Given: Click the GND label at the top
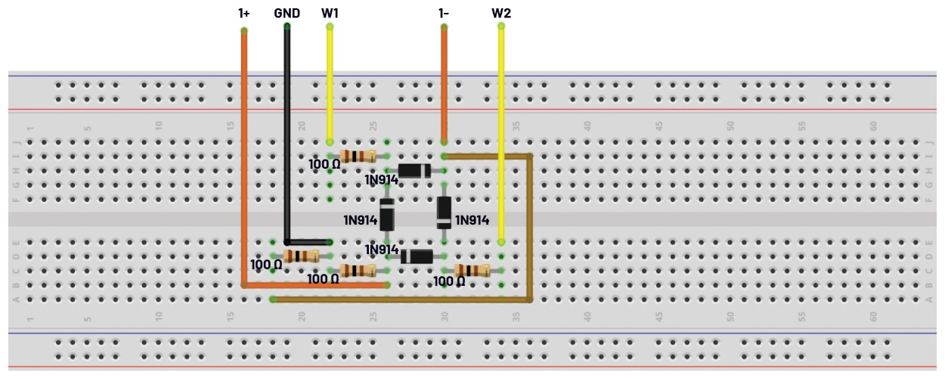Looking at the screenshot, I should click(x=287, y=13).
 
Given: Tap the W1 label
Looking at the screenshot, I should click(x=330, y=13).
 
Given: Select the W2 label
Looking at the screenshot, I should click(x=501, y=13).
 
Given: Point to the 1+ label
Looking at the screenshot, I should click(x=243, y=13).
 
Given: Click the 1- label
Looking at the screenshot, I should click(x=444, y=13).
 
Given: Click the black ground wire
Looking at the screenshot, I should click(x=287, y=136).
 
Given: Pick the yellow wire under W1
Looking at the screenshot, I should click(x=330, y=83).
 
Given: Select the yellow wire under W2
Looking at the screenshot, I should click(x=501, y=136).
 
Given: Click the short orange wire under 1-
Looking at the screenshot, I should click(x=444, y=83).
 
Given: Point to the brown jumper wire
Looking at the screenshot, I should click(x=530, y=227).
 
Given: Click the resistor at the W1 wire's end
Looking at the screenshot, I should click(x=358, y=157).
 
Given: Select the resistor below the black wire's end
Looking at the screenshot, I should click(x=301, y=256).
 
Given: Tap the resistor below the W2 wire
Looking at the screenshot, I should click(x=472, y=271).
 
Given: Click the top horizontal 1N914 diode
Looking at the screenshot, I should click(x=414, y=171).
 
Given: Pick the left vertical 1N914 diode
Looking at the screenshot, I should click(x=387, y=214).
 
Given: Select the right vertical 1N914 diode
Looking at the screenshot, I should click(x=444, y=213).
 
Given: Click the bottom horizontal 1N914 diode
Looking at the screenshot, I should click(x=416, y=256).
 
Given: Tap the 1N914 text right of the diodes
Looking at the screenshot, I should click(x=472, y=220).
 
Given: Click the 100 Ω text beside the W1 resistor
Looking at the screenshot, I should click(x=324, y=163).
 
